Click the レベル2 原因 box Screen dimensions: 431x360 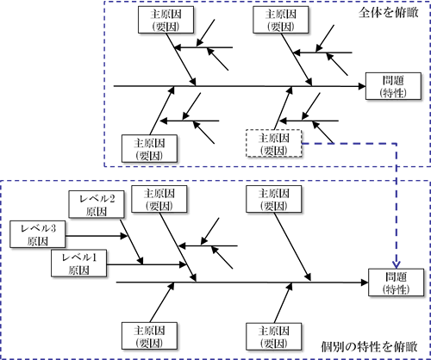point(97,204)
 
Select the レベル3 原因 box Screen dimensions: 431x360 point(38,234)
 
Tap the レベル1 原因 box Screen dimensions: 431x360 point(79,264)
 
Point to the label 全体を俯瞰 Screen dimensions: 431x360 point(389,13)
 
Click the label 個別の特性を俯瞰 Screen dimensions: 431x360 point(369,346)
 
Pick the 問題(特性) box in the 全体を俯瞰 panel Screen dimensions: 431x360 point(393,86)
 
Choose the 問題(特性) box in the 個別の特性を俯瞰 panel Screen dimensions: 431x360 point(397,282)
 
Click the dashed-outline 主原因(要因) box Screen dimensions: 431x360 point(274,143)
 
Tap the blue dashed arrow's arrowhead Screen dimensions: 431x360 point(397,264)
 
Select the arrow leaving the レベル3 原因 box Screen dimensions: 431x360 point(97,236)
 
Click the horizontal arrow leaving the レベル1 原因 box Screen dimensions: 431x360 point(147,264)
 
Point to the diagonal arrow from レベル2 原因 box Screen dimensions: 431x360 point(132,242)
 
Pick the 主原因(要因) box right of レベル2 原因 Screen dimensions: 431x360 point(159,199)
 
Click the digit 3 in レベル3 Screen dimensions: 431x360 point(53,228)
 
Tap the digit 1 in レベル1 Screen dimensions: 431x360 point(94,258)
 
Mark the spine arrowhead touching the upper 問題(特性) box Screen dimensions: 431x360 point(362,86)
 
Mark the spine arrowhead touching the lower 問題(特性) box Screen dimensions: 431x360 point(365,282)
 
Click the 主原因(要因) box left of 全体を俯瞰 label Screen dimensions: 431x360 point(281,20)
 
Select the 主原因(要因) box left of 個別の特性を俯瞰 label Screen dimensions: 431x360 point(274,336)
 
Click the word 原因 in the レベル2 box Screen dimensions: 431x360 point(97,212)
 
